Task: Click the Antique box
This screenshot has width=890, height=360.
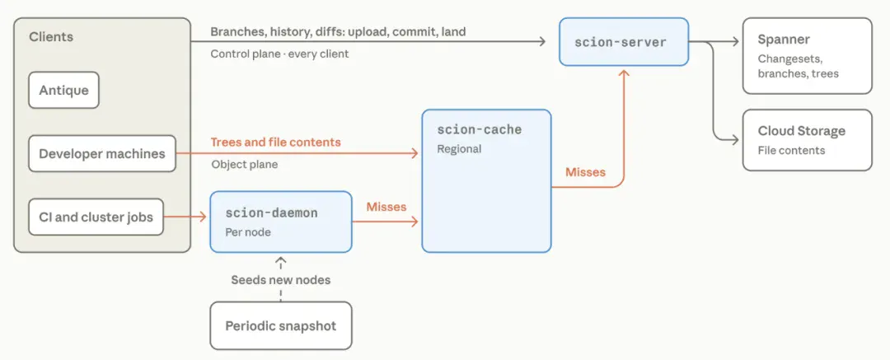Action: pyautogui.click(x=63, y=90)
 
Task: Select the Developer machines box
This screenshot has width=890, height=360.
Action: pyautogui.click(x=102, y=153)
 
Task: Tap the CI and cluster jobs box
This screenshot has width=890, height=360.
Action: pyautogui.click(x=96, y=217)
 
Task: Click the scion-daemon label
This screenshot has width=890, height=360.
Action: pyautogui.click(x=271, y=213)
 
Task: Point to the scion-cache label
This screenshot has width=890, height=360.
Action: pyautogui.click(x=479, y=130)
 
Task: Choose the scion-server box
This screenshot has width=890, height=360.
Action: pyautogui.click(x=624, y=41)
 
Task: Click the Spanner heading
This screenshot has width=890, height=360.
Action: pyautogui.click(x=784, y=40)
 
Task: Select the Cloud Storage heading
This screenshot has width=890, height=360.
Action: pyautogui.click(x=802, y=131)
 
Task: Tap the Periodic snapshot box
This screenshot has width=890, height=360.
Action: pyautogui.click(x=281, y=326)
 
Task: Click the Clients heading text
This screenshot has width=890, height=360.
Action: pyautogui.click(x=51, y=37)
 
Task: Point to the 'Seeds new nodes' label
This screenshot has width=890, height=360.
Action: pyautogui.click(x=280, y=280)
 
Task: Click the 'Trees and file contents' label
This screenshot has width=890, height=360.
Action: pyautogui.click(x=276, y=142)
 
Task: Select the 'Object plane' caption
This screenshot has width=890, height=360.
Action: pyautogui.click(x=245, y=165)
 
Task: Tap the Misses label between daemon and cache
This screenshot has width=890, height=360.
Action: pyautogui.click(x=386, y=207)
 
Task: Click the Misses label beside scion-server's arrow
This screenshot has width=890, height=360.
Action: pyautogui.click(x=586, y=171)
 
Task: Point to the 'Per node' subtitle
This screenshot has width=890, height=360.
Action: pyautogui.click(x=248, y=232)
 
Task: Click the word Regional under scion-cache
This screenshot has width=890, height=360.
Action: pyautogui.click(x=459, y=149)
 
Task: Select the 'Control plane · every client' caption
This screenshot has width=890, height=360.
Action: pyautogui.click(x=279, y=54)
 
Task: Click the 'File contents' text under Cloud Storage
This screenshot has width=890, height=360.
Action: pyautogui.click(x=791, y=151)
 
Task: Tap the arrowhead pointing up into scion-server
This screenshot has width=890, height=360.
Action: pyautogui.click(x=624, y=72)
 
